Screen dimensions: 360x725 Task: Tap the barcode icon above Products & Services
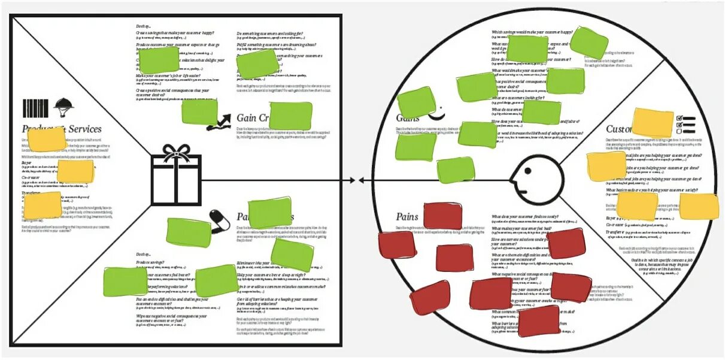[35, 108]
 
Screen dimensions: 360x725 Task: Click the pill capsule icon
[219, 219]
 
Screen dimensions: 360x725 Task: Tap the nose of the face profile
[514, 178]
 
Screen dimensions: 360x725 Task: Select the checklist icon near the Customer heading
[685, 123]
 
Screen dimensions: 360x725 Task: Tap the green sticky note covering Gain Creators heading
[290, 116]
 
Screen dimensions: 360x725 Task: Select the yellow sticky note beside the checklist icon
[653, 122]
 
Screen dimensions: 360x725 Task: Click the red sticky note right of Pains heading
[443, 216]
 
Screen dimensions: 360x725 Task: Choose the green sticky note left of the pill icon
[189, 232]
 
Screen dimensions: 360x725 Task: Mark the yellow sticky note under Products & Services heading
[47, 140]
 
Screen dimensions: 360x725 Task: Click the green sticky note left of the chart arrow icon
[199, 111]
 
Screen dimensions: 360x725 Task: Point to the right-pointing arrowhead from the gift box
[353, 180]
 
